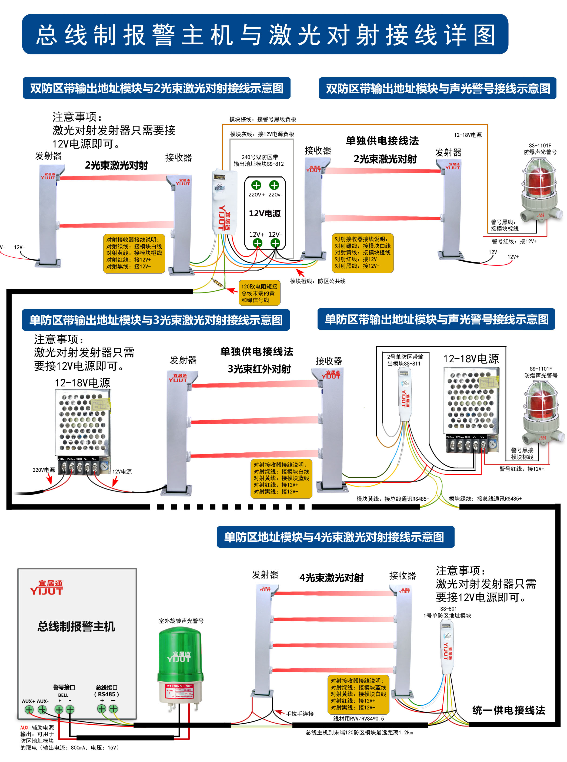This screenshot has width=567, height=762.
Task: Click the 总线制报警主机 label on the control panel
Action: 76,626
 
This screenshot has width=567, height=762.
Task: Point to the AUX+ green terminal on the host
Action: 29,710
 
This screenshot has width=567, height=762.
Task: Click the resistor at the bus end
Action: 218,283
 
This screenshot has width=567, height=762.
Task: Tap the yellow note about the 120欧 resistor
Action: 259,293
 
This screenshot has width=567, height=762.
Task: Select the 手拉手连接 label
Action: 300,714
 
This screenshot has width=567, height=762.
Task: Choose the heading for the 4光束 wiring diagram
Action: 335,537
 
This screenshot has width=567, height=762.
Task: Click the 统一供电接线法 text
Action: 508,710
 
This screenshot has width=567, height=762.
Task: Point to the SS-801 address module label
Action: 447,612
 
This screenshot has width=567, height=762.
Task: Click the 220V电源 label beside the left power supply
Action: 44,470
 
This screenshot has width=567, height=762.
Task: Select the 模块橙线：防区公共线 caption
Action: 318,281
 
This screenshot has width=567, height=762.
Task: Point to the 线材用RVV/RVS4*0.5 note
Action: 358,719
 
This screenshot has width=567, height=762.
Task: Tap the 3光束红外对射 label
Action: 259,369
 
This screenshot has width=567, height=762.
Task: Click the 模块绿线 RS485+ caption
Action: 485,498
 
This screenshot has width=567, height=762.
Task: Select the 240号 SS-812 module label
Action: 259,160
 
